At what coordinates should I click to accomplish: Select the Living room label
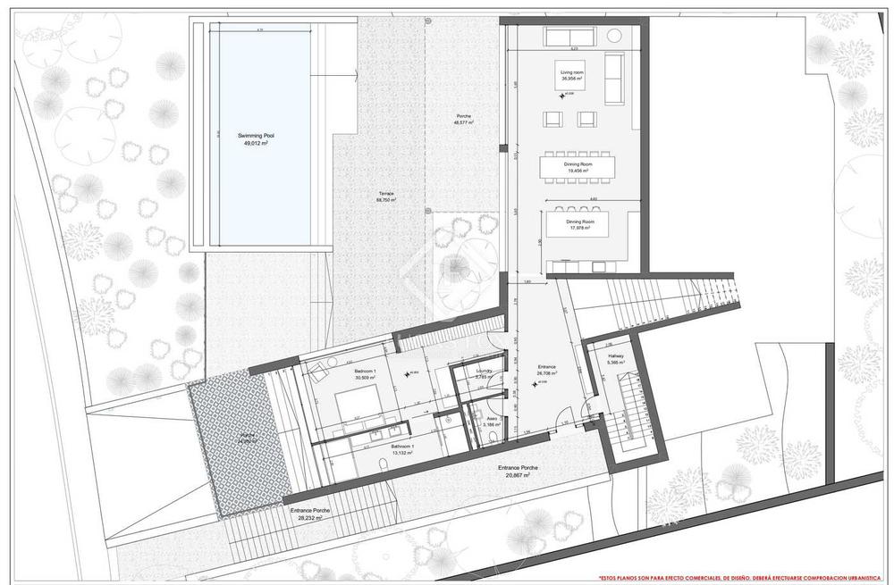coord(572,71)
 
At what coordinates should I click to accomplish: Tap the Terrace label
coord(386,193)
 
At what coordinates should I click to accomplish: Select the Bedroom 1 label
coord(365,371)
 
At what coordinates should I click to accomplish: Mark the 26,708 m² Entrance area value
coord(547,372)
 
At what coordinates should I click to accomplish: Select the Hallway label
coord(616,355)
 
